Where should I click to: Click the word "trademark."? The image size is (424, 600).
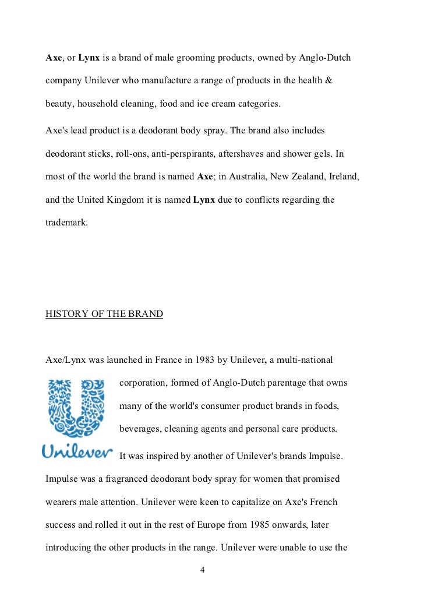click(x=66, y=222)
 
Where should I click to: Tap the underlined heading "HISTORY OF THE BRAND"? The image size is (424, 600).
click(x=104, y=314)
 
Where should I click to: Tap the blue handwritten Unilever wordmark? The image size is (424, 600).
click(x=77, y=451)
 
